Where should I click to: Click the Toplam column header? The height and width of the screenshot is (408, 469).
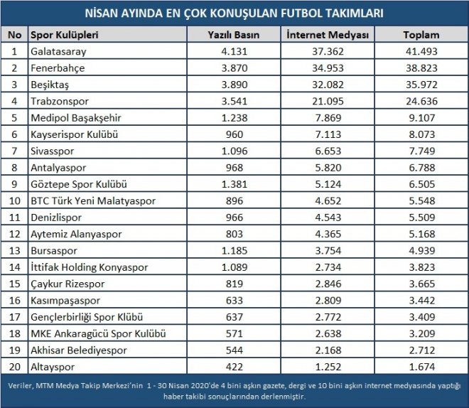click(x=421, y=35)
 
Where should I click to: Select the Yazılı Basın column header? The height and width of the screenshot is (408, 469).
click(x=234, y=35)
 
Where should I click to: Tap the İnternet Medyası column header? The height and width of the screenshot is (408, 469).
click(x=328, y=35)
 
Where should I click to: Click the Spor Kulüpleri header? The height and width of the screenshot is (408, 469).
click(x=64, y=35)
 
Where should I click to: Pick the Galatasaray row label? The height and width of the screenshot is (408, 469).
click(x=58, y=52)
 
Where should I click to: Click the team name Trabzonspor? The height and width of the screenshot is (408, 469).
click(x=60, y=102)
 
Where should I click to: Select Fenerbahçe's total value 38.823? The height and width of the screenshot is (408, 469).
click(x=421, y=68)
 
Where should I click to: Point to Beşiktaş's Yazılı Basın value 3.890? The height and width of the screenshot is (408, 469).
click(x=234, y=85)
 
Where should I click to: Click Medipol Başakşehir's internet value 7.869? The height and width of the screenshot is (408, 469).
click(x=328, y=118)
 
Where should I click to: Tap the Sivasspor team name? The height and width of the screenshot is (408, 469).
click(x=53, y=151)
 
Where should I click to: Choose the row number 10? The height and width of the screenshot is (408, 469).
click(x=14, y=200)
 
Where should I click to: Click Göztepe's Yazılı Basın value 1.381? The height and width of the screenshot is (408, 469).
click(x=234, y=184)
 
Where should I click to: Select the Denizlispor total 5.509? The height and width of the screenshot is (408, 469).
click(x=421, y=218)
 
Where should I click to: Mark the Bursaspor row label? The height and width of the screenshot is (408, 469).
click(x=54, y=251)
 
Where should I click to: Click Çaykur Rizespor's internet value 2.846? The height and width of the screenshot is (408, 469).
click(x=328, y=284)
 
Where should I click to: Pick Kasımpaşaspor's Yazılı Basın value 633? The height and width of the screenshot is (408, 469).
click(x=234, y=301)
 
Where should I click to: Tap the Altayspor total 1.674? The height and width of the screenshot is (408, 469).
click(x=421, y=367)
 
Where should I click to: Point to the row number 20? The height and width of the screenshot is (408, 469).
click(x=14, y=367)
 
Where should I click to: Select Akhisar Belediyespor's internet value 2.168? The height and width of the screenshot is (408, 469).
click(x=328, y=350)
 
